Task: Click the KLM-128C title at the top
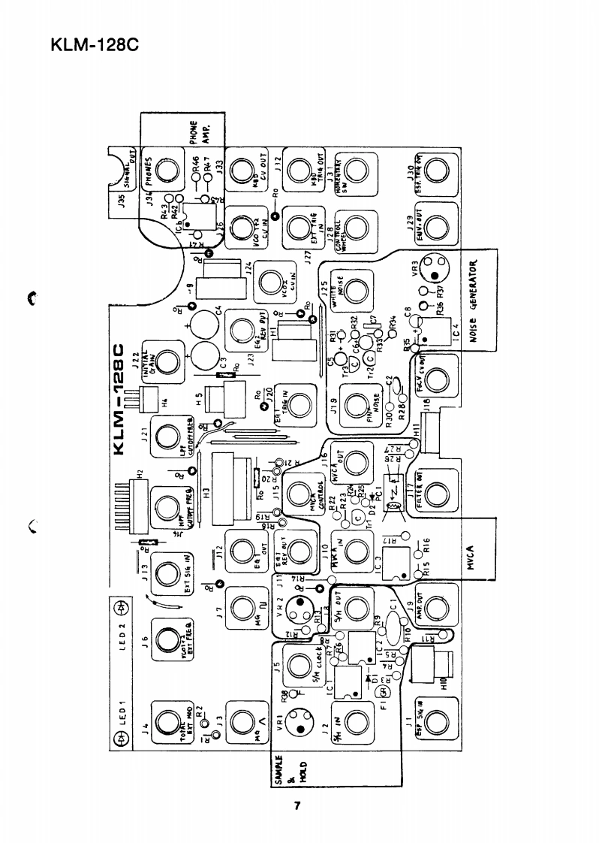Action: [95, 44]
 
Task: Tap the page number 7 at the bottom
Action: [297, 807]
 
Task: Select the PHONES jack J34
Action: [167, 171]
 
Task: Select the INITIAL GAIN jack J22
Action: [167, 365]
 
